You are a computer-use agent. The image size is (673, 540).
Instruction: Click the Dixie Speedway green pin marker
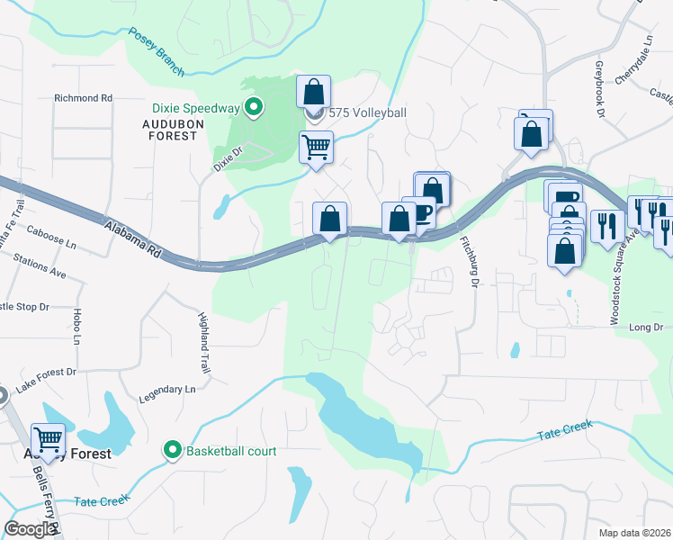254,108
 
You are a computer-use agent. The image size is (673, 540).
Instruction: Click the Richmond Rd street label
83,97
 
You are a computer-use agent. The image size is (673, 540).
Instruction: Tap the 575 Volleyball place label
367,112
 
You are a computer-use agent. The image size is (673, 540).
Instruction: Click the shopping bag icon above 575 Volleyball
313,92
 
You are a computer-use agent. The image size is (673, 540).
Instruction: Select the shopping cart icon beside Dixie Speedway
316,147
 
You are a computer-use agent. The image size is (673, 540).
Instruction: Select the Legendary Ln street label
166,389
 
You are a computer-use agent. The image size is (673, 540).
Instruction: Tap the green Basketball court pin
171,450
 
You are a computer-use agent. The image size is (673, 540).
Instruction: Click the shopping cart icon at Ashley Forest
48,439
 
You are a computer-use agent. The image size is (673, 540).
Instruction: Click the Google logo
30,529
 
